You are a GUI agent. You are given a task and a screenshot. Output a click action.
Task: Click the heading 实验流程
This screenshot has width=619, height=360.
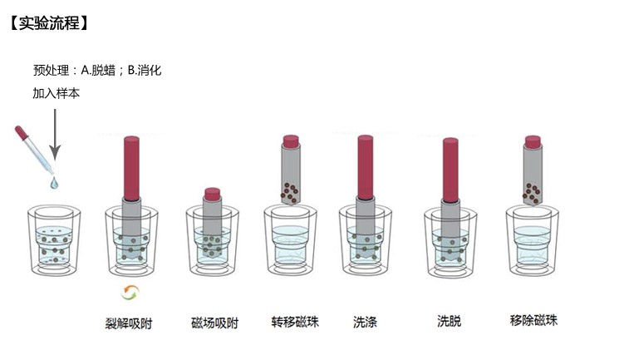click(49, 23)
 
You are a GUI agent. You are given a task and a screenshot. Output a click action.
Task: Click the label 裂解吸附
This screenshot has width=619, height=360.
click(129, 323)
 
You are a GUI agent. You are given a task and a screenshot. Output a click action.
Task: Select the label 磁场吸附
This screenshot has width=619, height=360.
click(214, 323)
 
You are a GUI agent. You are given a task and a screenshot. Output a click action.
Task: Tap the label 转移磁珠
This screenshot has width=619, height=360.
click(295, 322)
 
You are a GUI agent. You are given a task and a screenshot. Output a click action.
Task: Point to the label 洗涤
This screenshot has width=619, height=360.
click(365, 322)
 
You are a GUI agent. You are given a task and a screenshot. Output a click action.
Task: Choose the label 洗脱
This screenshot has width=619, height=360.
click(450, 321)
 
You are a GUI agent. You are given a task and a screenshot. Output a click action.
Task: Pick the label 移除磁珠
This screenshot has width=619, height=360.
click(533, 320)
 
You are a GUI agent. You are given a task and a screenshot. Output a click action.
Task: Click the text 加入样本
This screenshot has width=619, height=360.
click(56, 93)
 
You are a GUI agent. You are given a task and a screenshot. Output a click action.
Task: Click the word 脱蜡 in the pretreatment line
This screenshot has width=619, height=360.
click(103, 71)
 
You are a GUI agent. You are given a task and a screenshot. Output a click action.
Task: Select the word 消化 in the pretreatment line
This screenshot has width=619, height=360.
click(150, 71)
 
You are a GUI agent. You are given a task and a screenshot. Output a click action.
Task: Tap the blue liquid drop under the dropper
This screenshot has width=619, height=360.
click(54, 183)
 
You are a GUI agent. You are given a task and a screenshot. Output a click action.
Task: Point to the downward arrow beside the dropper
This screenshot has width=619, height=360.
click(55, 135)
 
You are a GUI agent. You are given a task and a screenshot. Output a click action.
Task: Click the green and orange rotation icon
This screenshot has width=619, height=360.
click(130, 293)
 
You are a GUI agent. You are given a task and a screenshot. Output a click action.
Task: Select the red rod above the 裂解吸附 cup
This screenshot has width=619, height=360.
click(131, 168)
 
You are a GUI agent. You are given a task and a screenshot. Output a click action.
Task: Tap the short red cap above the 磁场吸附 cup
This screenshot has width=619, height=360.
click(213, 194)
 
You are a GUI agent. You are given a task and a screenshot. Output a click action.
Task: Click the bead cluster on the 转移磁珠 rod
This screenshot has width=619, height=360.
click(289, 192)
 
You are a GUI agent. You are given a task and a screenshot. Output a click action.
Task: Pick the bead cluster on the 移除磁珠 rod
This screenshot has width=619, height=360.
click(532, 193)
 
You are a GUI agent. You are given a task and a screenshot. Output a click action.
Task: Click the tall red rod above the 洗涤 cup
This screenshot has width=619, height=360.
click(365, 167)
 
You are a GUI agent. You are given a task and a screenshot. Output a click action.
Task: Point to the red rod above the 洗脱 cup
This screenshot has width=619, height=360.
click(450, 170)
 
